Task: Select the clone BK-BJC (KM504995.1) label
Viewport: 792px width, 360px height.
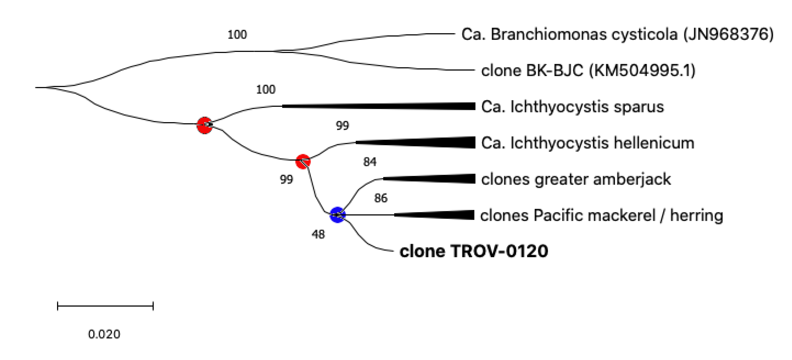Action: [588, 71]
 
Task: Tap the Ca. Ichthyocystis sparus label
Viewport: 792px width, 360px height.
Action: [572, 107]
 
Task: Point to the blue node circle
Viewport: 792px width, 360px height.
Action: [337, 215]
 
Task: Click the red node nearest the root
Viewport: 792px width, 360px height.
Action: [204, 125]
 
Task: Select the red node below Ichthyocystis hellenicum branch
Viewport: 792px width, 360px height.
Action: [303, 161]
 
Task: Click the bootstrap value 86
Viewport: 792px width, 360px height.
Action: [381, 198]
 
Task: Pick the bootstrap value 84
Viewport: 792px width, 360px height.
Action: [370, 162]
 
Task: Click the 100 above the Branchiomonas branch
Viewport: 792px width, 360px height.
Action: [237, 35]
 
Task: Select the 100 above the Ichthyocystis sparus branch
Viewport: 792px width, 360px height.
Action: [266, 90]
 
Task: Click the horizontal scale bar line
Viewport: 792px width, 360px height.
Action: [105, 306]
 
